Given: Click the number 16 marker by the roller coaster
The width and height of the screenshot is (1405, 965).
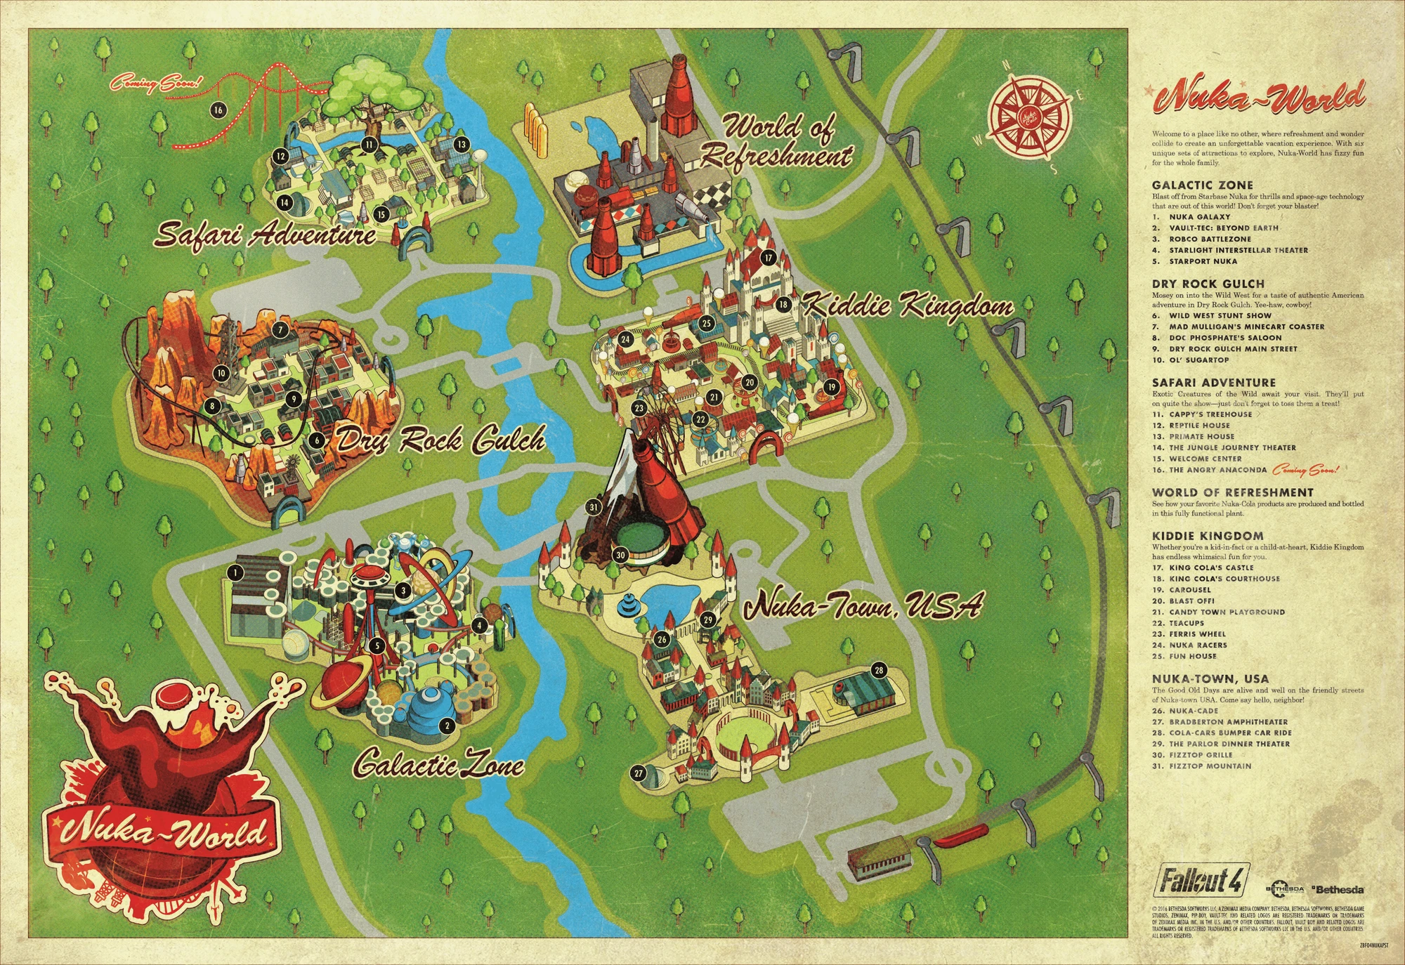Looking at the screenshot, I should [218, 110].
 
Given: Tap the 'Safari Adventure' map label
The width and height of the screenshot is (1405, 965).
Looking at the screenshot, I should [265, 233].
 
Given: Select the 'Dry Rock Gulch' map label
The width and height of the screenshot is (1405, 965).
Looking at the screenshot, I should [440, 440].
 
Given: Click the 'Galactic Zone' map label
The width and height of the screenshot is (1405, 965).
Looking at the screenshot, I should [438, 763].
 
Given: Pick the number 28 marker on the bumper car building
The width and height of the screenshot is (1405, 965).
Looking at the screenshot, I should [878, 670].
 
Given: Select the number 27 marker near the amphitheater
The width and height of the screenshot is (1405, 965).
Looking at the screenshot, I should [638, 773].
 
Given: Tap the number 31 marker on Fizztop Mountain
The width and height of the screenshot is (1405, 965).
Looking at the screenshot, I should [594, 506].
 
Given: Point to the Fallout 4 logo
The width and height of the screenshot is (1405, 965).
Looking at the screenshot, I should [1203, 880].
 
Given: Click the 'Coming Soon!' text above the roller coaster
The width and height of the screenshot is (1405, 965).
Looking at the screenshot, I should [155, 83].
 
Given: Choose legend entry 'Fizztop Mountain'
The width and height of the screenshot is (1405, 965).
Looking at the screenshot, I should [1210, 766].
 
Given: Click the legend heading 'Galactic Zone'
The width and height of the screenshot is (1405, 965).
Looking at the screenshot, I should [1202, 185].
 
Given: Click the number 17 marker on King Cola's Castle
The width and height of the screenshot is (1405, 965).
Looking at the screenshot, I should [769, 258].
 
